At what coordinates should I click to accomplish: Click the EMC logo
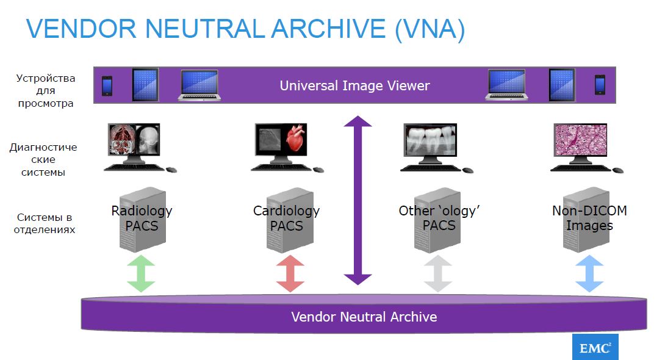click(595, 347)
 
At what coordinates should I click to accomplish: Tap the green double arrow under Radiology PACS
click(141, 273)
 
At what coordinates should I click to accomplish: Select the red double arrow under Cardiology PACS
click(290, 273)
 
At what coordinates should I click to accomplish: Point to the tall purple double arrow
click(358, 200)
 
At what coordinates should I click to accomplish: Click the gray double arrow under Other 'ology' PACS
click(438, 273)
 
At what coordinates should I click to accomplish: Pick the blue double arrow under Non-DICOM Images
click(589, 273)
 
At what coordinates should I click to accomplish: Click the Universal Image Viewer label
click(354, 85)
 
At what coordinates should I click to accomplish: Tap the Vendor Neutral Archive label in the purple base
click(364, 317)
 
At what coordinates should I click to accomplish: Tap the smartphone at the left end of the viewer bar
click(107, 85)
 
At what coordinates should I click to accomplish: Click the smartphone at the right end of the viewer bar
click(600, 85)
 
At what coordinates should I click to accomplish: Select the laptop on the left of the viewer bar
click(199, 85)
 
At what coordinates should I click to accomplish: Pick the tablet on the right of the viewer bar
click(561, 84)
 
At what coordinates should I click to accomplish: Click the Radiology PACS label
click(142, 218)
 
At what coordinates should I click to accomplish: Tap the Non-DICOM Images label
click(589, 218)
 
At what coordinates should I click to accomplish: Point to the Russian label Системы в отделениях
click(45, 224)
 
